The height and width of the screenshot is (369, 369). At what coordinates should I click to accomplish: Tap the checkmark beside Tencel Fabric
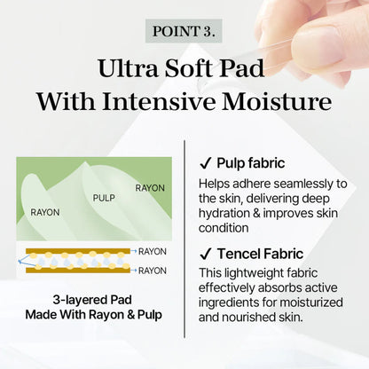pos(204,254)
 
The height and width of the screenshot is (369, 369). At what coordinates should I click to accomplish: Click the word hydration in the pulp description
pos(227,213)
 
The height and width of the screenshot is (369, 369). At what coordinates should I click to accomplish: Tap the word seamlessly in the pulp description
pos(307,183)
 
